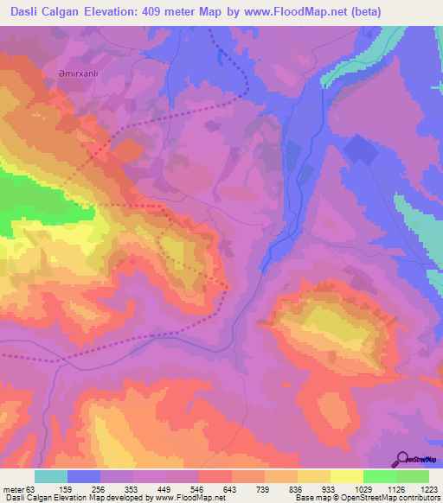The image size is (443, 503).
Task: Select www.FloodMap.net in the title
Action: pos(283,13)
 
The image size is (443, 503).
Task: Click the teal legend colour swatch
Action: pos(51,476)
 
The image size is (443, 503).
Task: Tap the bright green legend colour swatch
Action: pos(379,476)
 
